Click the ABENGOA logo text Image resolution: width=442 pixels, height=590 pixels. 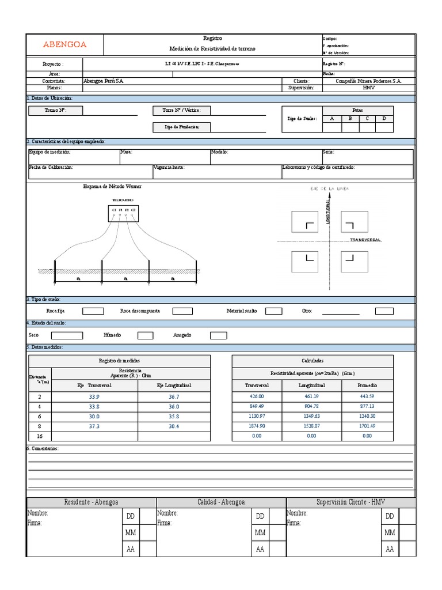pyautogui.click(x=65, y=44)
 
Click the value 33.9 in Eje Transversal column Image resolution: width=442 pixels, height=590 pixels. pyautogui.click(x=94, y=397)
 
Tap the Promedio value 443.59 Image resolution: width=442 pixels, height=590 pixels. pyautogui.click(x=367, y=396)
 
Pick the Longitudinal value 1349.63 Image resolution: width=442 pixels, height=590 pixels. pyautogui.click(x=311, y=416)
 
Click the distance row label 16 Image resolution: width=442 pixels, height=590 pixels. pyautogui.click(x=40, y=436)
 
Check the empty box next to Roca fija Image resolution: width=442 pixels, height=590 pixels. pyautogui.click(x=93, y=311)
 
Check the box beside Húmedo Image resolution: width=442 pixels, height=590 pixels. pyautogui.click(x=145, y=335)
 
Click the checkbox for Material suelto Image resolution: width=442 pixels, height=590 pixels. pyautogui.click(x=273, y=311)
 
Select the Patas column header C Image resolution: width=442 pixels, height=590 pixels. pyautogui.click(x=367, y=119)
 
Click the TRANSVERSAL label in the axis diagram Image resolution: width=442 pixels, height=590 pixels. pyautogui.click(x=365, y=240)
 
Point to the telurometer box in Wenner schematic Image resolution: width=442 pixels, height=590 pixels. pyautogui.click(x=123, y=213)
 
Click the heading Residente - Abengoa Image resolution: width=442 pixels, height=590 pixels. pyautogui.click(x=92, y=502)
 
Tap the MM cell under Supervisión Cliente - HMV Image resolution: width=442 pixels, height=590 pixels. pyautogui.click(x=390, y=533)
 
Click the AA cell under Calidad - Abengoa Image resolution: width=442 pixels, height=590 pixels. pyautogui.click(x=260, y=549)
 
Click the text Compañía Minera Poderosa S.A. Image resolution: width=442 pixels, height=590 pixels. pyautogui.click(x=368, y=81)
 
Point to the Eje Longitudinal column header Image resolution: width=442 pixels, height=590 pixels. pyautogui.click(x=174, y=385)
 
